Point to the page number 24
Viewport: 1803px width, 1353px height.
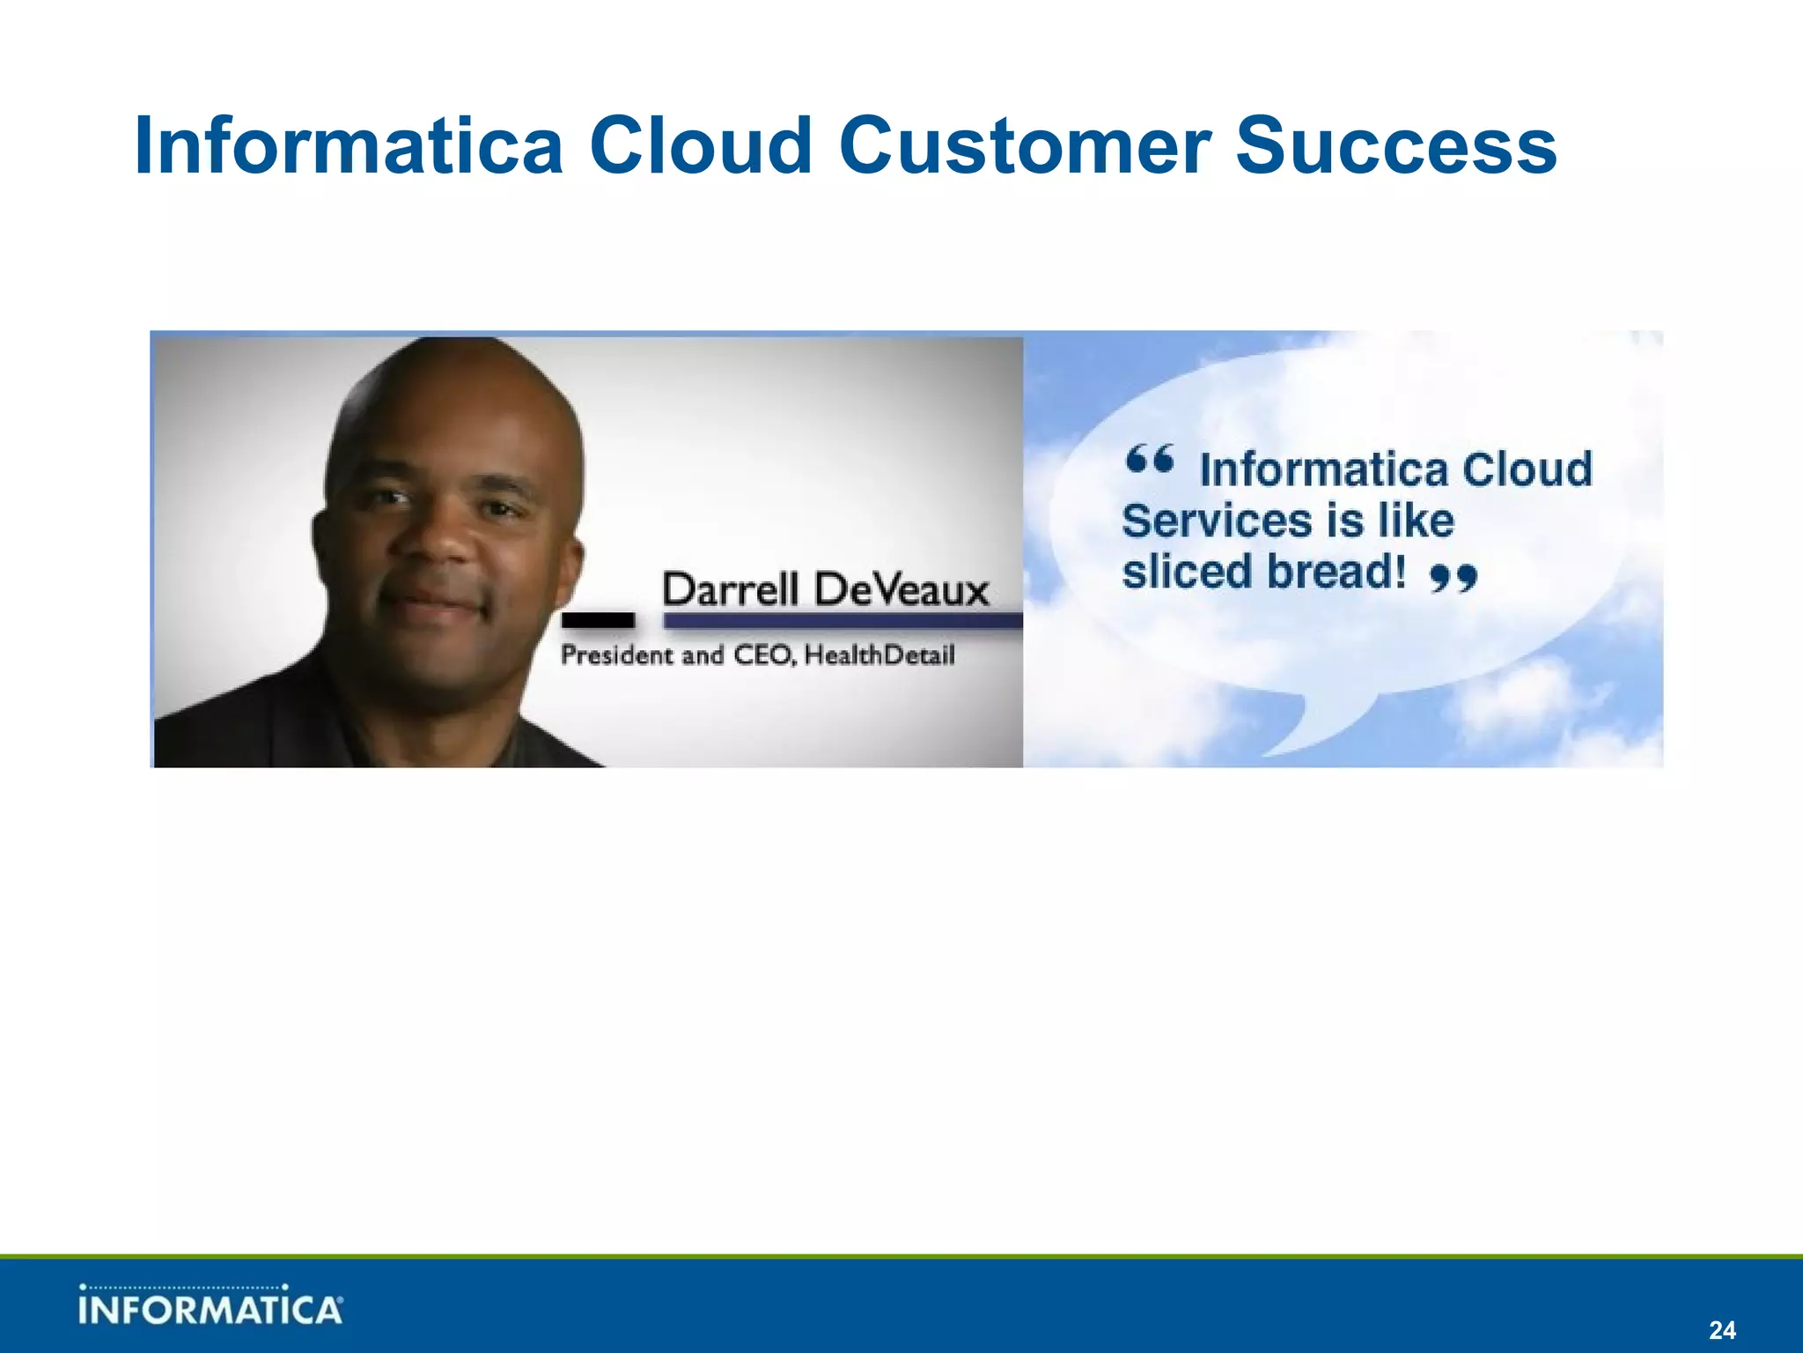tap(1721, 1329)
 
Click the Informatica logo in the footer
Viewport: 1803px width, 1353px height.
tap(210, 1306)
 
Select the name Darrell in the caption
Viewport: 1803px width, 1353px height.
tap(730, 589)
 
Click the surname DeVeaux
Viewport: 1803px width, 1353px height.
tap(901, 589)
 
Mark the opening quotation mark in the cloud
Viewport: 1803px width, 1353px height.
tap(1149, 460)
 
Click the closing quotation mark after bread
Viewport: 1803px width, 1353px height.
tap(1453, 578)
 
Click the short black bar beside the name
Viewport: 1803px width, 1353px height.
tap(598, 620)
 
